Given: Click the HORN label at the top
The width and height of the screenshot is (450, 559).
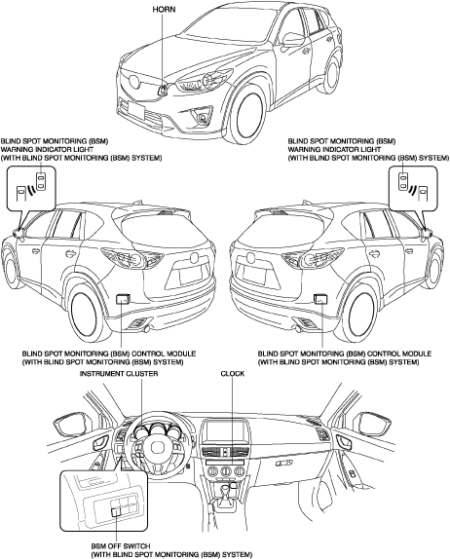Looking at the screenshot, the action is point(164,10).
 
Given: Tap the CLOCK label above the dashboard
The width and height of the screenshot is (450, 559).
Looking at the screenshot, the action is point(233,374).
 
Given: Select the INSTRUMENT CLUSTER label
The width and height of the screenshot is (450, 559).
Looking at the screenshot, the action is point(119,374).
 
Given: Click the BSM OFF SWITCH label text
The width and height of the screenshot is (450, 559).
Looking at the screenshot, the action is point(121,546).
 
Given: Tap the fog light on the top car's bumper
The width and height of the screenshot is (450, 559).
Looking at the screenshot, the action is point(204,117).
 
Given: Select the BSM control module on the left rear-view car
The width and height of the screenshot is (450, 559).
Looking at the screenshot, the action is point(123,298).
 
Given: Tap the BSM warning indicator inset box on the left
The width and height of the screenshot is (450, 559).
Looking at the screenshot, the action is point(31,188).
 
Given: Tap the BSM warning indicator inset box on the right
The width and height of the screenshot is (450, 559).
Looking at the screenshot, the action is point(413,188).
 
